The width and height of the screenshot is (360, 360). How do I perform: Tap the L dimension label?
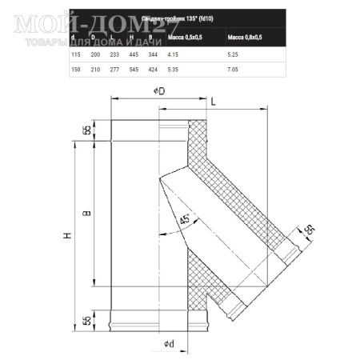[214, 102]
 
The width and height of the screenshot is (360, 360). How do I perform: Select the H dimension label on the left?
[67, 236]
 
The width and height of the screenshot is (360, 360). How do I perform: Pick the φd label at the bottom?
[169, 345]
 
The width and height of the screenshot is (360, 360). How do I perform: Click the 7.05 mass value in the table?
[234, 69]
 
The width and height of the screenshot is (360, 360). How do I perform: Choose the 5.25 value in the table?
[234, 53]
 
